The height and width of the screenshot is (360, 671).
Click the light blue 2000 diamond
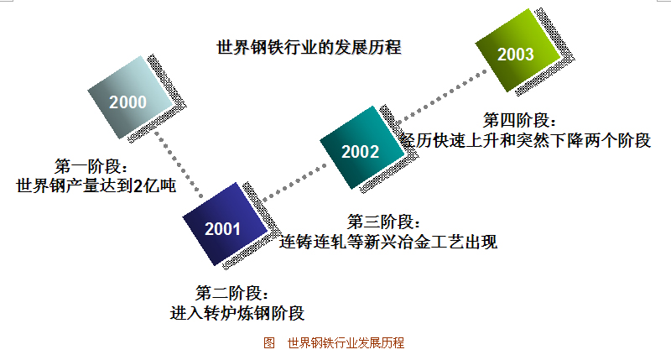click(x=130, y=97)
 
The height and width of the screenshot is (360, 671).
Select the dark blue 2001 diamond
click(x=225, y=224)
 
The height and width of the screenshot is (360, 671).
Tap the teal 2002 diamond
click(x=362, y=147)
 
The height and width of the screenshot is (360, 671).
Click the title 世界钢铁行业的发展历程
click(x=309, y=47)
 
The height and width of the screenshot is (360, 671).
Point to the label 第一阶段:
click(x=91, y=166)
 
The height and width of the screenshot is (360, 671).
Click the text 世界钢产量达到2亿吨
click(x=96, y=185)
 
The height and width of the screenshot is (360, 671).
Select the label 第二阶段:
click(x=232, y=293)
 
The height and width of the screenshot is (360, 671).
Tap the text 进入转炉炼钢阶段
click(x=237, y=313)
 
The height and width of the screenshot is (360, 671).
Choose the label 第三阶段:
click(x=383, y=222)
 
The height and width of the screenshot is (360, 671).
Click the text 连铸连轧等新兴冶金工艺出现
click(x=388, y=242)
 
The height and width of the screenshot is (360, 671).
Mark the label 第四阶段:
click(x=519, y=120)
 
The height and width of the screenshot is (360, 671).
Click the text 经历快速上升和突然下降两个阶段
click(x=526, y=140)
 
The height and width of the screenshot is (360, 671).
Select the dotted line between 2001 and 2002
click(x=294, y=183)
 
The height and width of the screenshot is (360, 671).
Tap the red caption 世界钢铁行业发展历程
click(x=346, y=343)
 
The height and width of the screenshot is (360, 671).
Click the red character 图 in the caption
click(x=269, y=343)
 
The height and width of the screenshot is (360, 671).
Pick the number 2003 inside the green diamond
click(x=516, y=55)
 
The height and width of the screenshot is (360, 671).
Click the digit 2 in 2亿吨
click(x=138, y=186)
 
